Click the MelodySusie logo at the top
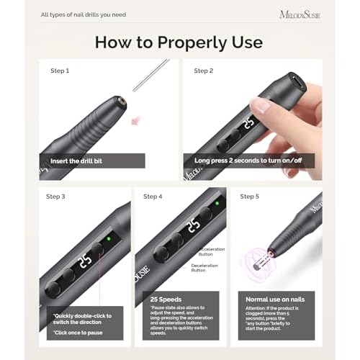[x=300, y=14]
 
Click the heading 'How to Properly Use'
[x=179, y=42]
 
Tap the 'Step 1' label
[x=60, y=71]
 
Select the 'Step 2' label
[x=204, y=71]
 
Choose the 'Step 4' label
[x=153, y=196]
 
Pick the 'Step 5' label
[x=250, y=196]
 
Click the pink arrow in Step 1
[x=134, y=119]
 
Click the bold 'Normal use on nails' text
[x=276, y=298]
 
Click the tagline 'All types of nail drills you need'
[x=83, y=14]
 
